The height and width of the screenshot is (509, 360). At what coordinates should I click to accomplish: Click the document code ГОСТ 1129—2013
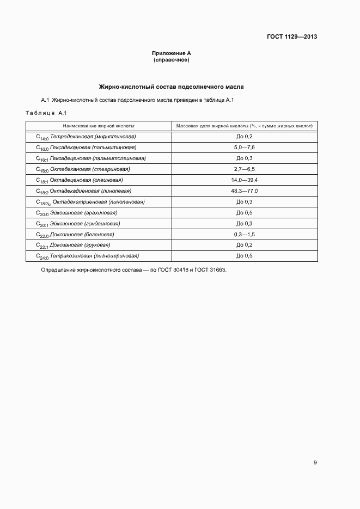coord(292,37)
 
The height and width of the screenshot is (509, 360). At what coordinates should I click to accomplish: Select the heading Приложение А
coord(172,53)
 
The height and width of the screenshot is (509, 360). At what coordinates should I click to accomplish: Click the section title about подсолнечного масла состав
coord(171,87)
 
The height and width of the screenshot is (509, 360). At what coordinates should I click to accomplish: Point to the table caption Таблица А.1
coord(46,113)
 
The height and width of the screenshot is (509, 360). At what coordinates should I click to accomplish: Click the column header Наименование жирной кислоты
coord(99,126)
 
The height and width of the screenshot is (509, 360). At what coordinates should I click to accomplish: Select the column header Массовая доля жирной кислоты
coord(244,126)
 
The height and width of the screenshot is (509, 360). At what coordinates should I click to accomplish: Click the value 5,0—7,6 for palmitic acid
coord(244,148)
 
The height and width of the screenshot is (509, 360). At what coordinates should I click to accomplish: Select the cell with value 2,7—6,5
coord(244,169)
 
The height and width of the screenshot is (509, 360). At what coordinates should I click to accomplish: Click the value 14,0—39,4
coord(244,180)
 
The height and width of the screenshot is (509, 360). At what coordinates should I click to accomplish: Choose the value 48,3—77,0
coord(244,191)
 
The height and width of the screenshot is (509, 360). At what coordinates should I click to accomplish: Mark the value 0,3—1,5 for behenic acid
coord(244,234)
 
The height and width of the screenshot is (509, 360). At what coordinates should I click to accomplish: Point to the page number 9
coord(315,463)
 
